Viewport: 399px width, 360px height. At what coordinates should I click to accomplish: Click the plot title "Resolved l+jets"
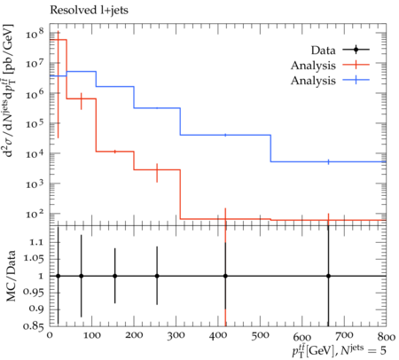(x=89, y=11)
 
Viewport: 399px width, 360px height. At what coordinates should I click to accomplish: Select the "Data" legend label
(x=323, y=51)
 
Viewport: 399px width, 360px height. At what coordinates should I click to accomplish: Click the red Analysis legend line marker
(x=356, y=65)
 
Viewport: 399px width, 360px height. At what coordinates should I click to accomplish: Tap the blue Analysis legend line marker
(x=356, y=80)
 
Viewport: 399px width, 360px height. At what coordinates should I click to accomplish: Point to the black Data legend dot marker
(x=356, y=50)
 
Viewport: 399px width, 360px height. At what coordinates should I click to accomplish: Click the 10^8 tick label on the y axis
(x=35, y=34)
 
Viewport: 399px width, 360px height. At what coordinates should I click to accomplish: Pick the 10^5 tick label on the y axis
(x=35, y=123)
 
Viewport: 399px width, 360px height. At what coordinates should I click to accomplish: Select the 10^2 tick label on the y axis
(x=35, y=213)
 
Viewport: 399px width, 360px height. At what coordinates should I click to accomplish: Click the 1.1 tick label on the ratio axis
(x=36, y=242)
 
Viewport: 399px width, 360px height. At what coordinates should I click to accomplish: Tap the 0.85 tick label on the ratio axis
(x=34, y=326)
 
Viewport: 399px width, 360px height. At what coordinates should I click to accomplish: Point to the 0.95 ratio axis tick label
(x=34, y=293)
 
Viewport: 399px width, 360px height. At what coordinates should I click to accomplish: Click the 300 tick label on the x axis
(x=176, y=336)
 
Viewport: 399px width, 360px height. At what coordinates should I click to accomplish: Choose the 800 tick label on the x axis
(x=387, y=337)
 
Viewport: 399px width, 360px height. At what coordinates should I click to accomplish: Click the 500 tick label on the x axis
(x=260, y=336)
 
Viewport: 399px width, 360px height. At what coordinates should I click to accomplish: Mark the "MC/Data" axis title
(x=11, y=276)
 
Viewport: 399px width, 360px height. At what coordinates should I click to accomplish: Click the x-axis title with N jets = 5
(x=339, y=351)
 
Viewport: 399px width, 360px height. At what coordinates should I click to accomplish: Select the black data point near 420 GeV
(x=225, y=276)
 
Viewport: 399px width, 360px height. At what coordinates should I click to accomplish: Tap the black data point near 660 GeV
(x=328, y=276)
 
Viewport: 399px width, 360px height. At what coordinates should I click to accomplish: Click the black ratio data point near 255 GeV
(x=157, y=276)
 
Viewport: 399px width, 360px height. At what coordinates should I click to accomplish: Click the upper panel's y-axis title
(x=11, y=90)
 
